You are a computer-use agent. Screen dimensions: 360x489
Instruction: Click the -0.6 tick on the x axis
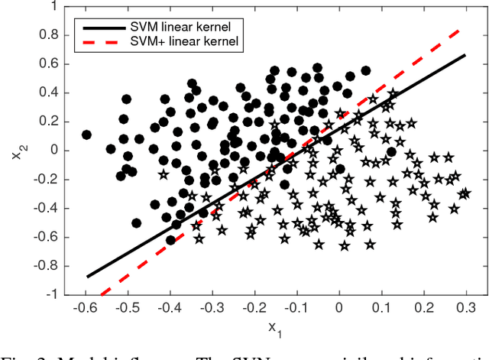click(86, 306)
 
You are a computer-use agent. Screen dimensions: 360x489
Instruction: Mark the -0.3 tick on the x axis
click(212, 306)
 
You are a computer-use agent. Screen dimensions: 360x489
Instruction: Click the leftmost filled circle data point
click(86, 135)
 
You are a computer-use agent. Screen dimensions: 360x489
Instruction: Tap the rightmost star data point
click(463, 194)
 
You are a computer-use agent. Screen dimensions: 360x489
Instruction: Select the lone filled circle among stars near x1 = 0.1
click(391, 151)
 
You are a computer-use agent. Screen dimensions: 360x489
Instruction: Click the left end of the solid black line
click(87, 277)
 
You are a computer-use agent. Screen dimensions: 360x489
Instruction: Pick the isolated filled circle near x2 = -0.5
click(136, 223)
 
